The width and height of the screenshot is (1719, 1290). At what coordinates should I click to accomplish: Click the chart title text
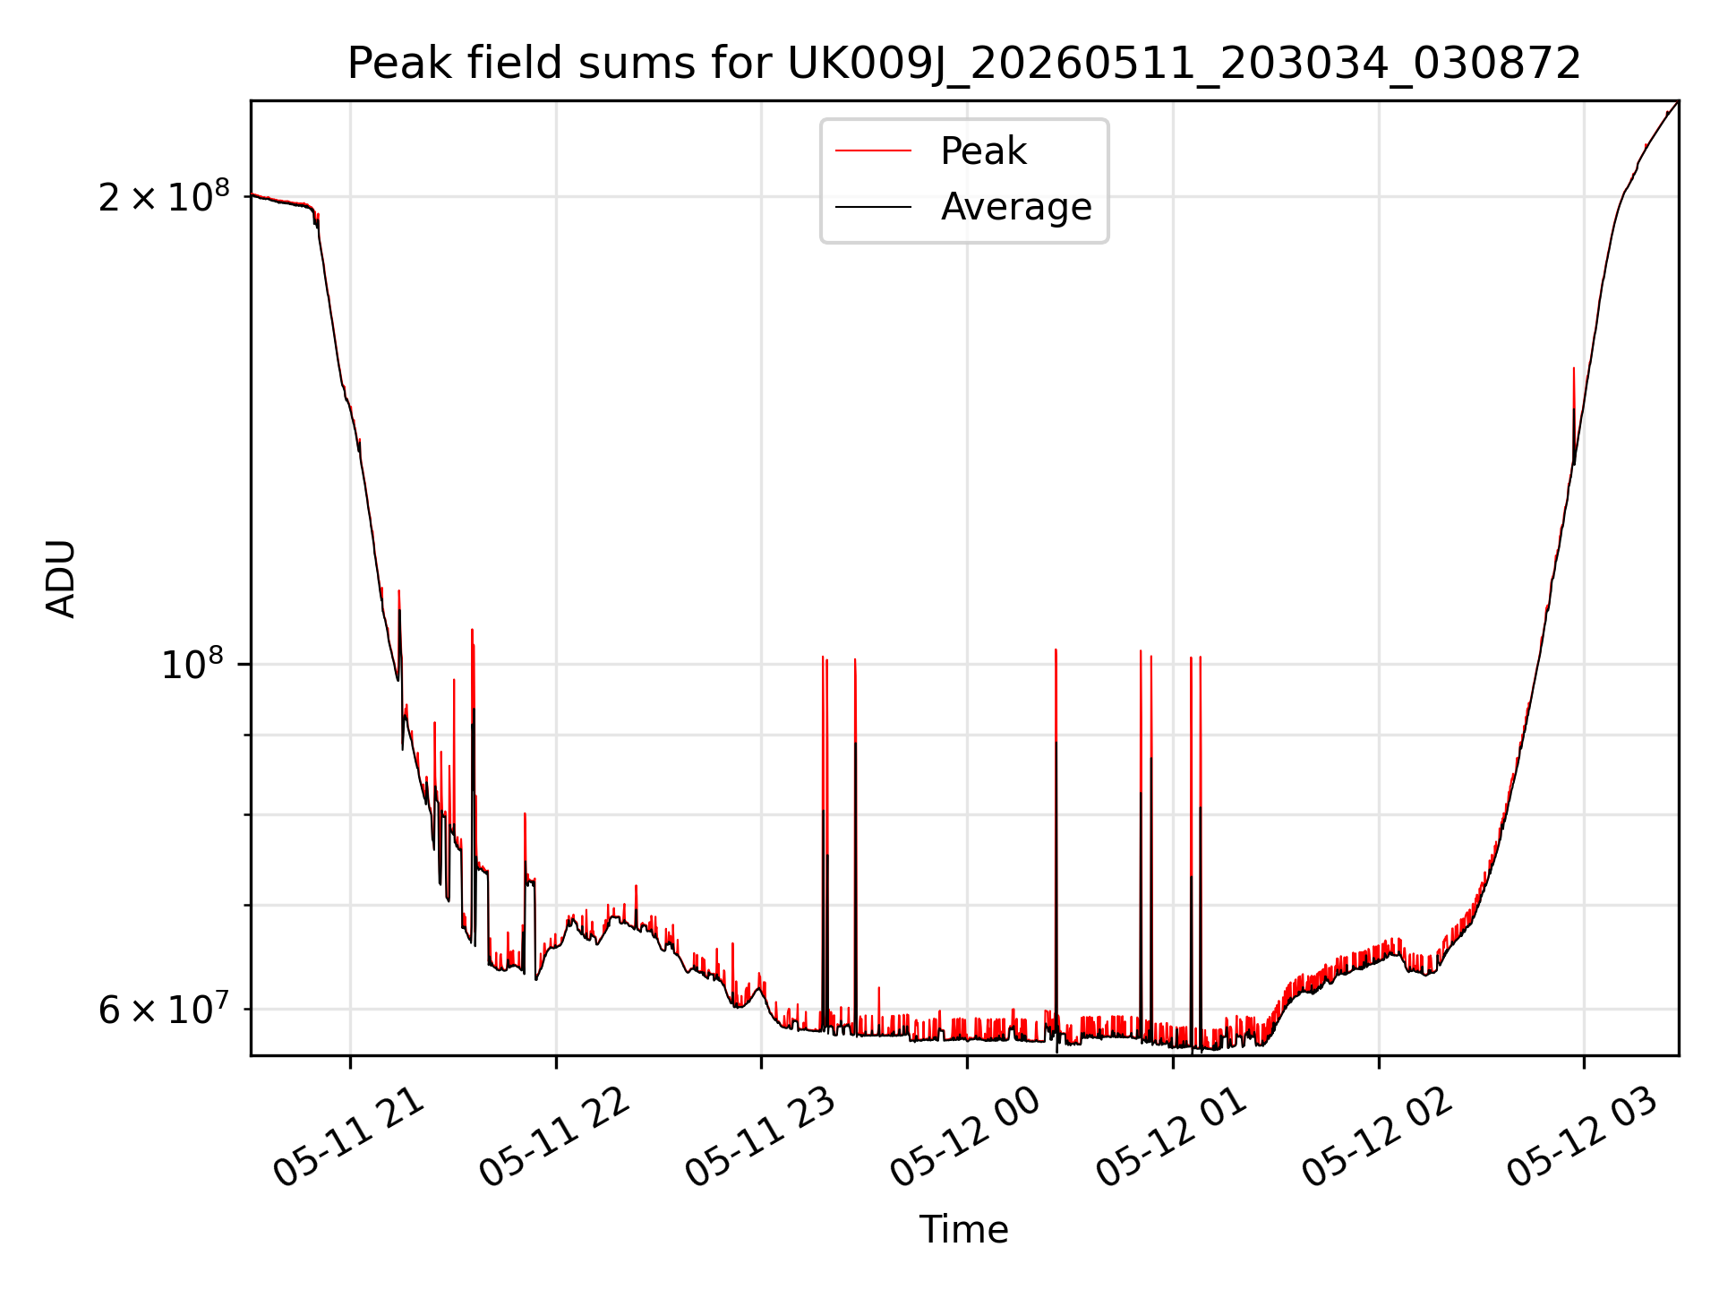coord(964,64)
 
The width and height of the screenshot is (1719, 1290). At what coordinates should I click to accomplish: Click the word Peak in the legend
coord(983,151)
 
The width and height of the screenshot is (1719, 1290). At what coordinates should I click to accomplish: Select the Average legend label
coord(1016,207)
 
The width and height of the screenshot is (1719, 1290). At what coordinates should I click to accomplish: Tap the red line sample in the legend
coord(873,151)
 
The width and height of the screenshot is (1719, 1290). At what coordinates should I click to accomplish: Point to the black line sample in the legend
coord(873,207)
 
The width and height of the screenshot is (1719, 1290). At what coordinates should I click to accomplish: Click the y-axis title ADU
coord(61,579)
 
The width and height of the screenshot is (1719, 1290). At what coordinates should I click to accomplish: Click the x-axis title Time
coord(964,1230)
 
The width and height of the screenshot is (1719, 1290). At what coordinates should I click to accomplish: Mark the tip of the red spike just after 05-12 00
coord(1056,649)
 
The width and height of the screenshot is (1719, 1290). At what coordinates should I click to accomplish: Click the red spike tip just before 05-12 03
coord(1573,368)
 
